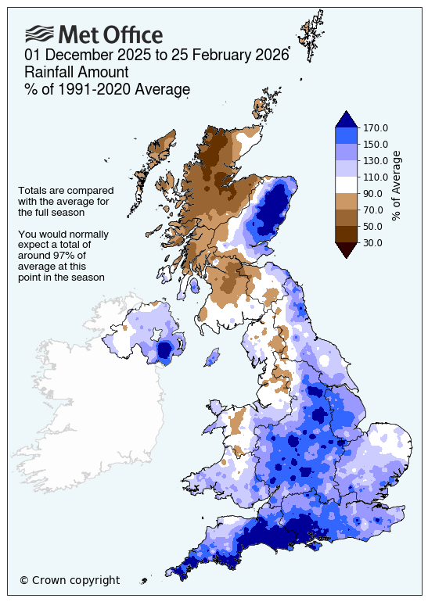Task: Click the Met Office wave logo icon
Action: (x=39, y=34)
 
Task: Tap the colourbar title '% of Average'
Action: (x=397, y=185)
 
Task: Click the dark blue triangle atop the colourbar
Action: (x=346, y=120)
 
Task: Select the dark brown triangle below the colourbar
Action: (x=346, y=249)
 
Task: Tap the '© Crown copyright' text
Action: (x=70, y=580)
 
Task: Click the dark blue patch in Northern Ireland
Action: (x=164, y=351)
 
